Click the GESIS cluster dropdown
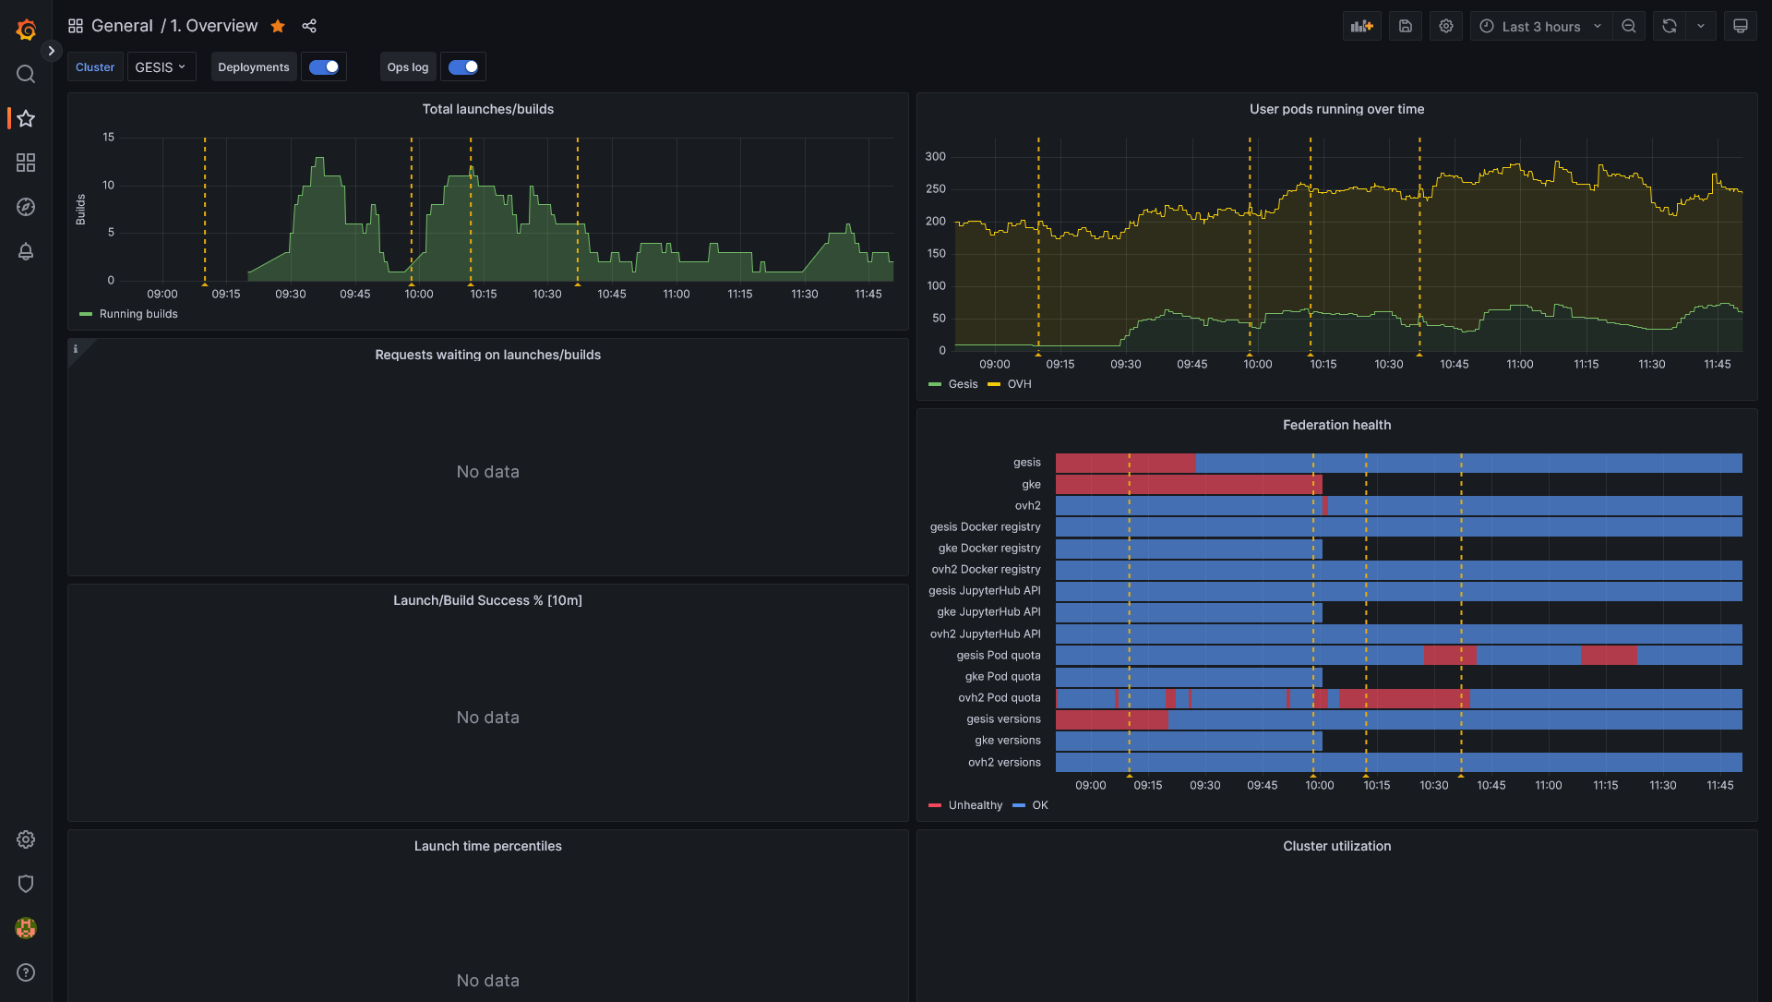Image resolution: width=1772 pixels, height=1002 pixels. tap(161, 67)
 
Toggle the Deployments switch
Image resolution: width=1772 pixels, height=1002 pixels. tap(324, 67)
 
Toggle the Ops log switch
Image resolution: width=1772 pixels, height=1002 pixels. tap(463, 67)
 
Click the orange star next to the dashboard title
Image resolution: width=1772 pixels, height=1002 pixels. tap(278, 27)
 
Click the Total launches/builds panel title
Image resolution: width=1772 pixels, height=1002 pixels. tap(487, 109)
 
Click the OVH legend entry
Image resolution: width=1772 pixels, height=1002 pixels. tap(1019, 384)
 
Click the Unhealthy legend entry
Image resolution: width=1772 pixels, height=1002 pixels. tap(975, 805)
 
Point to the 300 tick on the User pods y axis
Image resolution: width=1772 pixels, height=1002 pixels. tap(935, 157)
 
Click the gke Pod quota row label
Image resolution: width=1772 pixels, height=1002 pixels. tap(1002, 677)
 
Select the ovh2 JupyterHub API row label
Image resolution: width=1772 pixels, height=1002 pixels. tap(985, 634)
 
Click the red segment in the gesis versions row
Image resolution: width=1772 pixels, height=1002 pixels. tap(1111, 719)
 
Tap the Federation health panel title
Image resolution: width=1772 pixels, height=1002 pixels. tap(1336, 425)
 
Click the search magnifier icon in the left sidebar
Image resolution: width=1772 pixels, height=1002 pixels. tap(26, 74)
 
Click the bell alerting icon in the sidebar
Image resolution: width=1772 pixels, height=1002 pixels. tap(26, 251)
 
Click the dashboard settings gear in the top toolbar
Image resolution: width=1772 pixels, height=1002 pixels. tap(1446, 27)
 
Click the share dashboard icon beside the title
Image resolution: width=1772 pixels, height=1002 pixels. tap(309, 27)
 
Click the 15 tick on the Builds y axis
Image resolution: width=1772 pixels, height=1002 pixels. tap(109, 138)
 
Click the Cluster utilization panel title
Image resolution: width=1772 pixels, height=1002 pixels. tap(1336, 846)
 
